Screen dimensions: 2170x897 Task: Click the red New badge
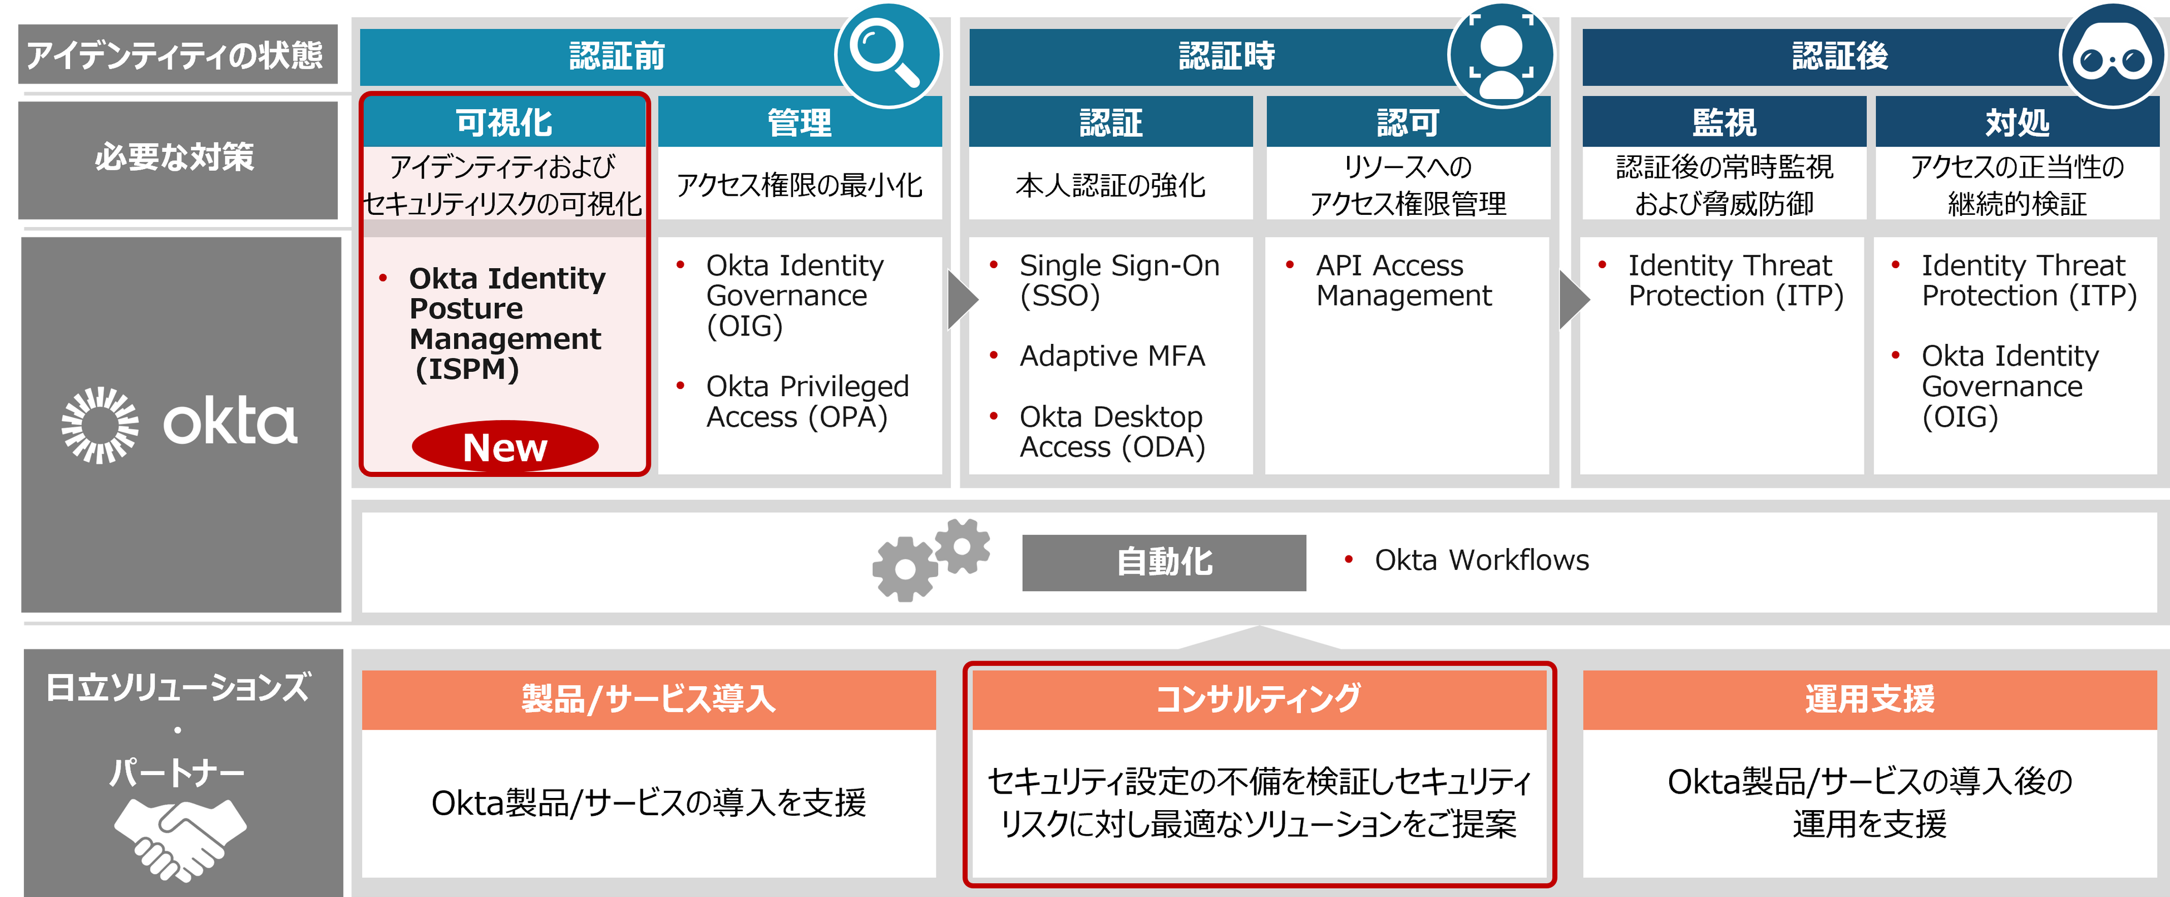coord(505,446)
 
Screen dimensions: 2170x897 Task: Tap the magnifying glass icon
coord(886,54)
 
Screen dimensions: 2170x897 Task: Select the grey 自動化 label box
coord(1163,562)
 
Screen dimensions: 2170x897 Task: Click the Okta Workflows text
coord(1481,560)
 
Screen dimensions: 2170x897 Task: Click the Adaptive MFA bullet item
coord(1111,356)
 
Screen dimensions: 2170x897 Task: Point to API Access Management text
coord(1403,280)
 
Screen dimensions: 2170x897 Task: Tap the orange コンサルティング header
coord(1259,699)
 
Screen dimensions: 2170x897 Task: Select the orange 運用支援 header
coord(1870,699)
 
